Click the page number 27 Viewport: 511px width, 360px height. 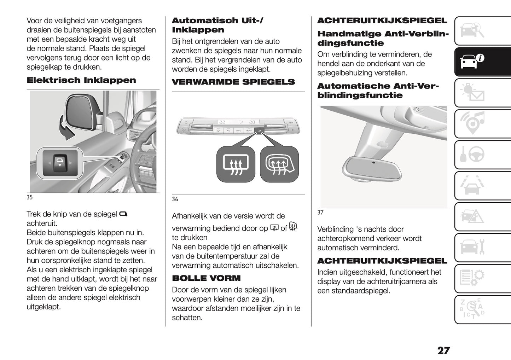coord(443,350)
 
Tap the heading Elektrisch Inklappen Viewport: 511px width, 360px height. coord(81,80)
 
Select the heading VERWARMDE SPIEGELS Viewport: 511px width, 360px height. coord(233,82)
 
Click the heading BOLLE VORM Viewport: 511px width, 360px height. coord(206,278)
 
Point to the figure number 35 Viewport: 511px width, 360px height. coord(30,197)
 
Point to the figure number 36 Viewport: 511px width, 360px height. coord(175,199)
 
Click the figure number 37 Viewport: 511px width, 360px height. coord(320,213)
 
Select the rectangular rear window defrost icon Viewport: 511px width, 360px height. coord(236,164)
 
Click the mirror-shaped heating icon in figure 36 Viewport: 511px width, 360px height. coord(279,164)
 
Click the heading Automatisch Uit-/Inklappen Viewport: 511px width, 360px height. coord(217,25)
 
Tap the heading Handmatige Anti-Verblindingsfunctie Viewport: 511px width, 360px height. coord(383,39)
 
